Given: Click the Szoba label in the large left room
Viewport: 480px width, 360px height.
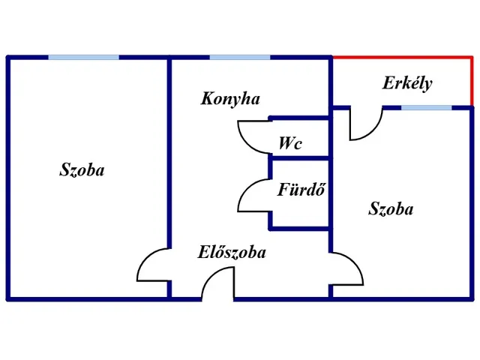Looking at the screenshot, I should click(82, 170).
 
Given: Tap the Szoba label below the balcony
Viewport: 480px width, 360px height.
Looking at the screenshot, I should click(391, 209).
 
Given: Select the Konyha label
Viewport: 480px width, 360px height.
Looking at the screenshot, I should click(230, 98).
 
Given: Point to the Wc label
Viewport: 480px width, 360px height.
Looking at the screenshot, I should click(289, 143).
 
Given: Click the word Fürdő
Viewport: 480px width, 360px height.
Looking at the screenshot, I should click(300, 190).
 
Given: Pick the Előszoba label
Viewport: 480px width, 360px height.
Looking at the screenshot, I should click(232, 253).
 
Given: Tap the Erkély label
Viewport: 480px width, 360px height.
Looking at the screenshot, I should click(407, 83).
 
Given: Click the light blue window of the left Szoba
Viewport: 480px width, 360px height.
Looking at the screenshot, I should click(83, 57).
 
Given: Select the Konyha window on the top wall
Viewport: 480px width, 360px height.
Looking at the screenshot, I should click(240, 57).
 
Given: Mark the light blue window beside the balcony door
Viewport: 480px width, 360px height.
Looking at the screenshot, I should click(426, 107).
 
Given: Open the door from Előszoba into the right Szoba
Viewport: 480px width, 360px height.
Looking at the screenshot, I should click(348, 268).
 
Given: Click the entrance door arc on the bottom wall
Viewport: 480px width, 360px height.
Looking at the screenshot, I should click(217, 284).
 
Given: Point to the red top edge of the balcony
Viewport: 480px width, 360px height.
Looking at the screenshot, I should click(402, 57).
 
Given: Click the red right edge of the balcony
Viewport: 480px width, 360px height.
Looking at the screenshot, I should click(472, 81).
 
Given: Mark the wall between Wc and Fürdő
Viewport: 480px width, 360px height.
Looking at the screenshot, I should click(299, 157).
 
